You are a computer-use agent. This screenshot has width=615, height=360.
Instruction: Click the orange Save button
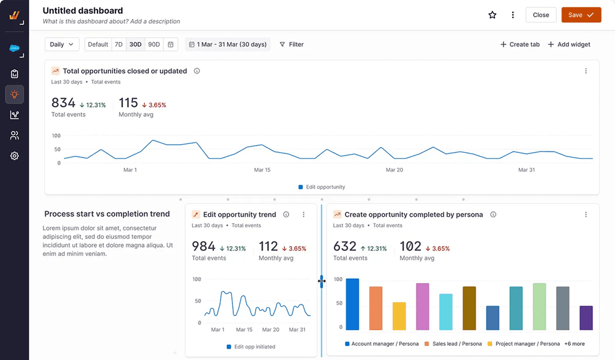pos(581,15)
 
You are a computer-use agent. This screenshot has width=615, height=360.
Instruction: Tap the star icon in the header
pos(492,15)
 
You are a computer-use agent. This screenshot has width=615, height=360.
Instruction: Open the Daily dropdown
pos(62,44)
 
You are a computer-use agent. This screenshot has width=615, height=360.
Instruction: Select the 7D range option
pos(119,44)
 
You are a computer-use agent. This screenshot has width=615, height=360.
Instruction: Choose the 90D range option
pos(154,44)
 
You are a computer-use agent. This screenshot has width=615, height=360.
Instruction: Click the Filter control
pos(292,44)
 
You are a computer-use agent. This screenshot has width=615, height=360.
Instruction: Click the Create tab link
pos(520,44)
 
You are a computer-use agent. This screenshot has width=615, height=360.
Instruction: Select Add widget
pos(569,44)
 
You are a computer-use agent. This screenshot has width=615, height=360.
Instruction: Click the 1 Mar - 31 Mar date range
pos(228,44)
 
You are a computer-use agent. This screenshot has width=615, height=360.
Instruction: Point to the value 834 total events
pos(63,103)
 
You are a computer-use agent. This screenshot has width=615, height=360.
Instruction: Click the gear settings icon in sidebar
pos(15,156)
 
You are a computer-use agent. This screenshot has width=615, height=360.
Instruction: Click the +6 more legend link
pos(575,343)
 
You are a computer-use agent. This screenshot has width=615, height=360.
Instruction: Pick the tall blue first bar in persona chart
pos(352,304)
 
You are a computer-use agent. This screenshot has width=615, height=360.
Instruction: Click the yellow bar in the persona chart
pos(399,316)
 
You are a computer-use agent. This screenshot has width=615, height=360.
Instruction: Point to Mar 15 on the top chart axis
pos(262,170)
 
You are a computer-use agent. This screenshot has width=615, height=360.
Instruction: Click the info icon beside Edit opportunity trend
pos(286,214)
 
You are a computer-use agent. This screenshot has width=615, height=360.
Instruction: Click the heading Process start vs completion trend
pos(107,214)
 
